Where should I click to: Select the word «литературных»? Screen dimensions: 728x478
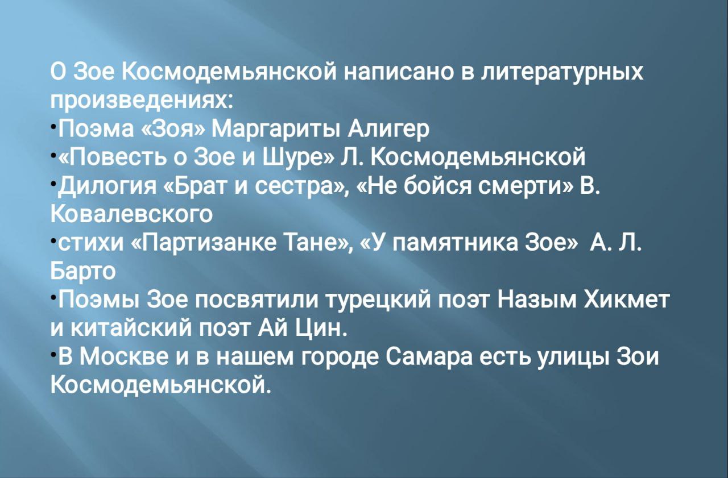(562, 73)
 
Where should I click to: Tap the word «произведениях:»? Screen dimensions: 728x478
(142, 101)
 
